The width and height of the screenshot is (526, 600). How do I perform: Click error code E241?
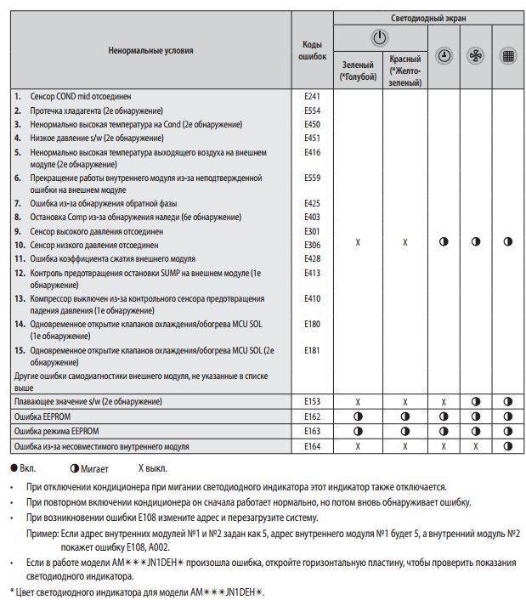pos(312,97)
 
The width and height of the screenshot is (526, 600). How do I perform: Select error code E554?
pos(312,110)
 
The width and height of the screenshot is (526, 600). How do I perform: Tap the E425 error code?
pos(312,203)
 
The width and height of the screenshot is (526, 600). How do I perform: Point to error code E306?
pos(312,245)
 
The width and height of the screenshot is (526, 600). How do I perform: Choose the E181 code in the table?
pos(312,349)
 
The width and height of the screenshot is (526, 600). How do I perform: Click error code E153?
pos(312,400)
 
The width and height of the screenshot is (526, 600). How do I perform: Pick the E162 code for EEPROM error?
pos(312,416)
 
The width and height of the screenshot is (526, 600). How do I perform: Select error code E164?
pos(312,446)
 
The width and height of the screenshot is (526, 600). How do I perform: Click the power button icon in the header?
pos(381,37)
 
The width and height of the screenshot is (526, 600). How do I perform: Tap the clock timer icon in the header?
pos(444,55)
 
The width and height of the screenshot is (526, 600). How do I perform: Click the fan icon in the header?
pos(476,55)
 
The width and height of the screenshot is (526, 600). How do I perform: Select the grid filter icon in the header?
pos(508,55)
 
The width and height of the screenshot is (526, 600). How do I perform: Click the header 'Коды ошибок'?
pos(312,49)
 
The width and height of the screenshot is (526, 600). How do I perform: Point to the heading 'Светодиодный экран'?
pos(427,17)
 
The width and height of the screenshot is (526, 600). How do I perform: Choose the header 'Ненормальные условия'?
pos(150,50)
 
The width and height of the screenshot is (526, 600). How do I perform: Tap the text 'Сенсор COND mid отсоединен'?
pos(81,97)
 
